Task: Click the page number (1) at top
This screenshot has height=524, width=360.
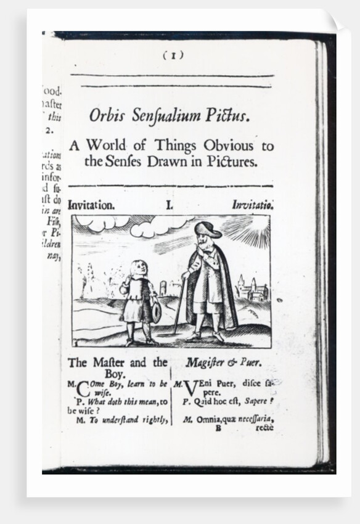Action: click(173, 55)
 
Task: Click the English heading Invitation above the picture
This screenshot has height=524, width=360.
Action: click(92, 206)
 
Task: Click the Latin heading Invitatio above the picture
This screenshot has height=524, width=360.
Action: click(253, 205)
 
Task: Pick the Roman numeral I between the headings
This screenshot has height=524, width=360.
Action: click(170, 206)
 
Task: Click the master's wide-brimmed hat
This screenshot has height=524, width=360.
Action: click(207, 230)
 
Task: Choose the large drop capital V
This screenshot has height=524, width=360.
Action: click(190, 389)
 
